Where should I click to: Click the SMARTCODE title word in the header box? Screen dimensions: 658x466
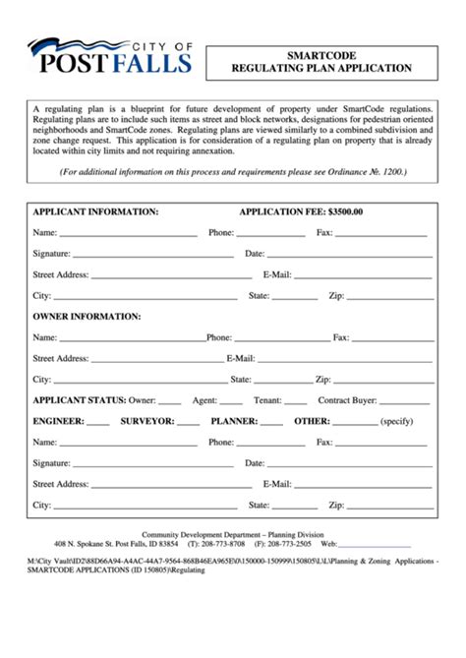(321, 55)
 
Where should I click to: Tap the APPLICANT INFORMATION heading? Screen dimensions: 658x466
(95, 211)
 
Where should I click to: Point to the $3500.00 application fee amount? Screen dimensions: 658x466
(345, 211)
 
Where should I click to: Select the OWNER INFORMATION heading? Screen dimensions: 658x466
(87, 317)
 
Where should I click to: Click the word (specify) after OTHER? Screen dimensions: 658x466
(397, 421)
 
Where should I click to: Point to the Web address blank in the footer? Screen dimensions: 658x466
(375, 545)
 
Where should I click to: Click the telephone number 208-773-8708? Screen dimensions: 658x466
(223, 543)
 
